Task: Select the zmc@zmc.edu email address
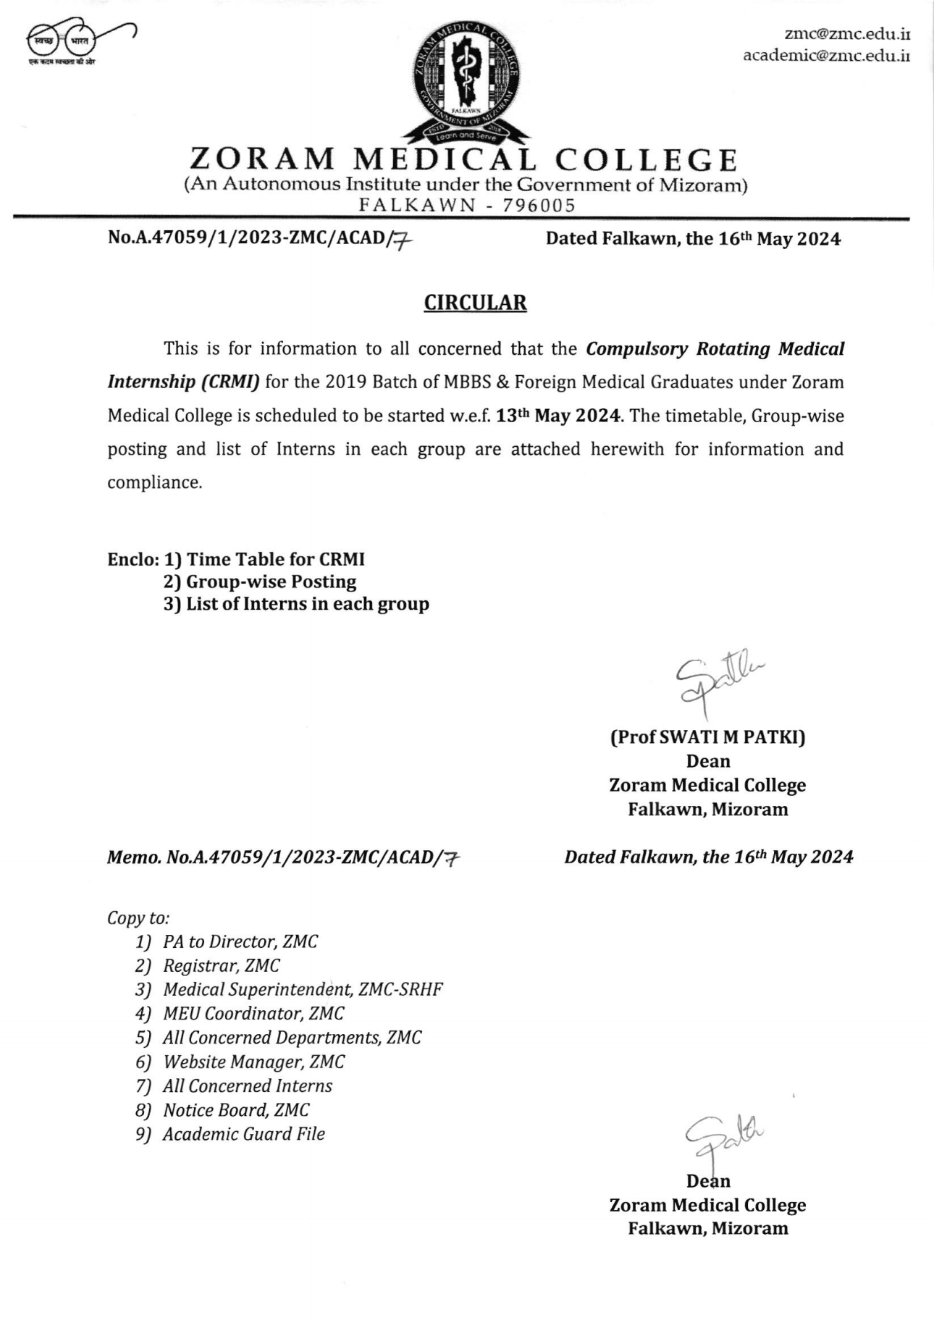[847, 34]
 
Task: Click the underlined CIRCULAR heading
[475, 303]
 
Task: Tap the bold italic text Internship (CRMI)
[184, 382]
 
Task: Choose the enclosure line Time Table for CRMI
[275, 559]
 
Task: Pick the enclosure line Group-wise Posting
[271, 581]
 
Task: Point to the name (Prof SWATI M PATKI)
[707, 737]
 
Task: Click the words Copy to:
[138, 917]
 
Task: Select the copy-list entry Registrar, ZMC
[221, 965]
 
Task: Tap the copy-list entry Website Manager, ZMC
[253, 1062]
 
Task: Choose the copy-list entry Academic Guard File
[243, 1134]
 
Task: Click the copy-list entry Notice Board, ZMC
[235, 1110]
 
